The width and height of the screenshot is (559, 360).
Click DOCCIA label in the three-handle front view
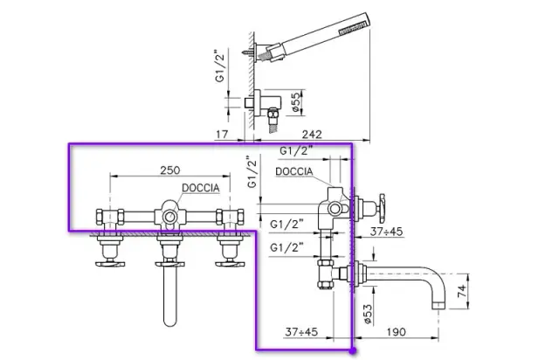pos(200,188)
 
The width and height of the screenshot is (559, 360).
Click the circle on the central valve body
pos(169,213)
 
